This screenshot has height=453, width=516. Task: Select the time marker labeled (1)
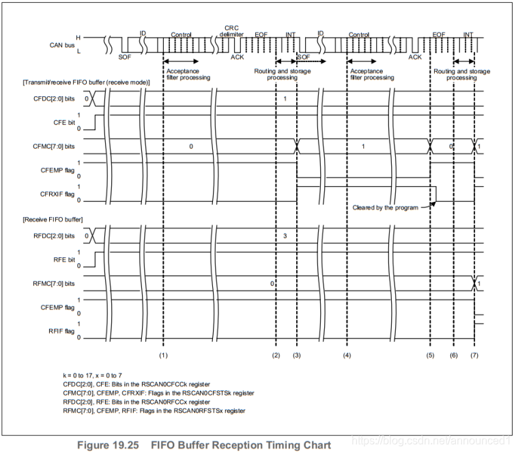click(163, 356)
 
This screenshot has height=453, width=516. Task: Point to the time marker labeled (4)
click(347, 356)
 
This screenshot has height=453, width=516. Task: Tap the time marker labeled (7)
click(475, 356)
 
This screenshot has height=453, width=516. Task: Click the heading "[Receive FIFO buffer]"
click(53, 219)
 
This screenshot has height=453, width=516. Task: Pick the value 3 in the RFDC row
click(285, 235)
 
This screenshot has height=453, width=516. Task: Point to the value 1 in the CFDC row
click(285, 100)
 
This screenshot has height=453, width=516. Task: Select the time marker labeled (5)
click(431, 356)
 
